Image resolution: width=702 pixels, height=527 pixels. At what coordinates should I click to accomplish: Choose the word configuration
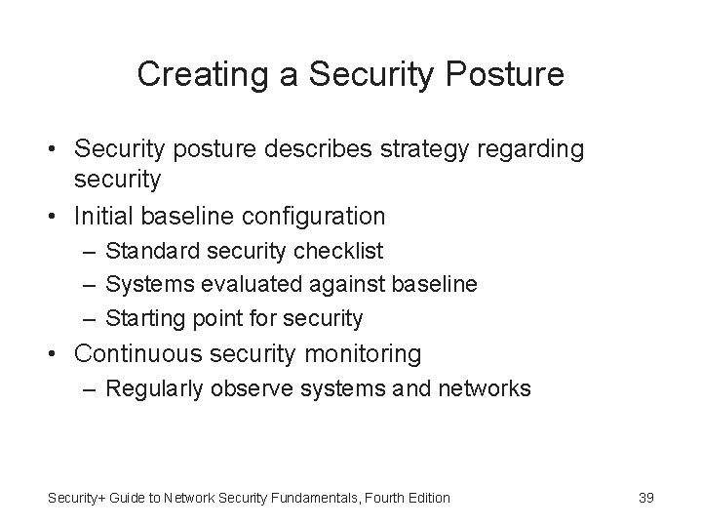click(317, 215)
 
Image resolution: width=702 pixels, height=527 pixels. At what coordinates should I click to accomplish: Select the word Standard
click(146, 252)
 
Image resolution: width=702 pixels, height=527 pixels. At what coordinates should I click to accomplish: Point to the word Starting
click(141, 318)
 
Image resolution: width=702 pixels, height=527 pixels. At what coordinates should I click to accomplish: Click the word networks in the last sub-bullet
click(485, 389)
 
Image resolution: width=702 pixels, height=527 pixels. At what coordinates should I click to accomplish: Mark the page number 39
click(645, 498)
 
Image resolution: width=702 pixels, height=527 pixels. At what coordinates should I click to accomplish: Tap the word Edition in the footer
click(428, 498)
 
